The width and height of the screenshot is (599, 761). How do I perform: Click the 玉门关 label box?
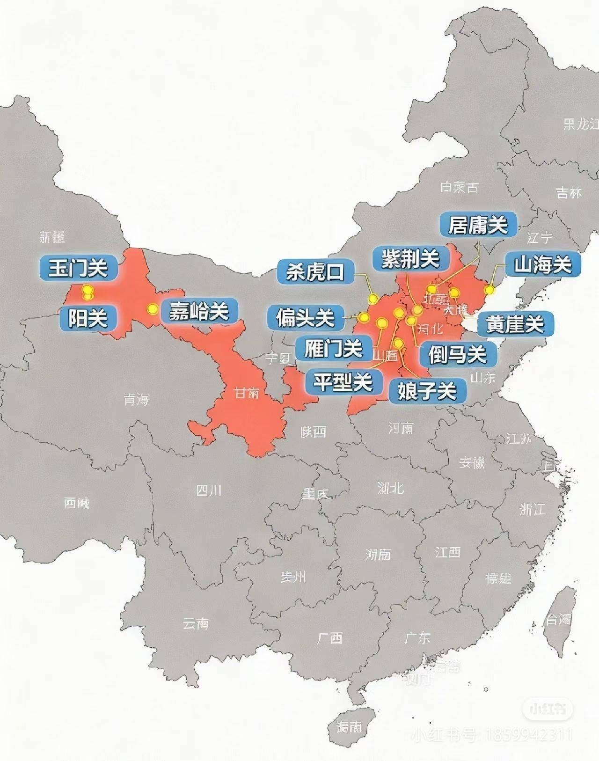tap(79, 268)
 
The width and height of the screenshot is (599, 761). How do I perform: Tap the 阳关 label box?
tap(88, 319)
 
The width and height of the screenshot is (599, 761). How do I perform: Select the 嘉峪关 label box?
tap(199, 311)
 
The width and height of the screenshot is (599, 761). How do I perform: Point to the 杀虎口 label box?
tap(316, 271)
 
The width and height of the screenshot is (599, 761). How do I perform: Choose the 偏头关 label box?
tap(305, 318)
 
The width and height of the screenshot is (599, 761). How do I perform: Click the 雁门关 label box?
tap(333, 348)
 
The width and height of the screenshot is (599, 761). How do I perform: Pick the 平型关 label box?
tap(343, 382)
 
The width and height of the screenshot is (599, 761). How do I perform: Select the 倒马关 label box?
tap(458, 354)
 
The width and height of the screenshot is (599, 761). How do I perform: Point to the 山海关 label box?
tap(543, 265)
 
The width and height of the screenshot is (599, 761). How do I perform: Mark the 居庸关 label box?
tap(478, 225)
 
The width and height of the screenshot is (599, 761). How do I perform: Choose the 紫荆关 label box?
tap(411, 258)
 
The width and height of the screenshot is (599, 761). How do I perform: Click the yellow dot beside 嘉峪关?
tap(153, 309)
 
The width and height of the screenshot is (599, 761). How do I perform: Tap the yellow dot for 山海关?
tap(489, 290)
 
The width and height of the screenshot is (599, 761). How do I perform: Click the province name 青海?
tap(136, 399)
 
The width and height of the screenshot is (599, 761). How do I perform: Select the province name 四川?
tap(209, 490)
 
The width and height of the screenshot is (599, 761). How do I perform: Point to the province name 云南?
tap(196, 623)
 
